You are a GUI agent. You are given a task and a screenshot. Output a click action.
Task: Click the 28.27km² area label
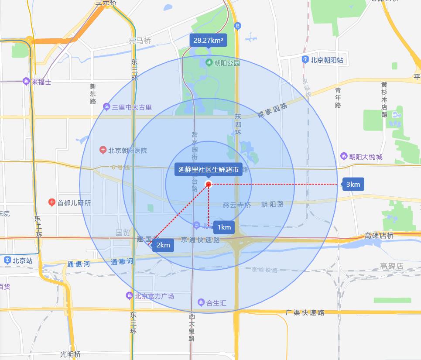[208, 41]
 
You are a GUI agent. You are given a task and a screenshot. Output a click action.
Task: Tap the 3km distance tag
[353, 184]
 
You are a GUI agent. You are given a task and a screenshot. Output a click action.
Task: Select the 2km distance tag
[163, 245]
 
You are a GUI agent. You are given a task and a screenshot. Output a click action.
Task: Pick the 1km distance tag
[224, 227]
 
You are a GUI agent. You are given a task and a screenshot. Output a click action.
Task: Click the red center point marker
[209, 184]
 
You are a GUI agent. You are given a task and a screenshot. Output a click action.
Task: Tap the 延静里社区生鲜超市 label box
[209, 170]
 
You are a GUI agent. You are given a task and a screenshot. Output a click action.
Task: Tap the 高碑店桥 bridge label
[379, 236]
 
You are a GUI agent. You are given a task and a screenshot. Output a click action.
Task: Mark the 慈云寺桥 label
[237, 204]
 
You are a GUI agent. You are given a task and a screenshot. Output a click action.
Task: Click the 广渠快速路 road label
[305, 312]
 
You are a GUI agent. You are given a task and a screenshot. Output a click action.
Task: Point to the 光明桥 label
[71, 354]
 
